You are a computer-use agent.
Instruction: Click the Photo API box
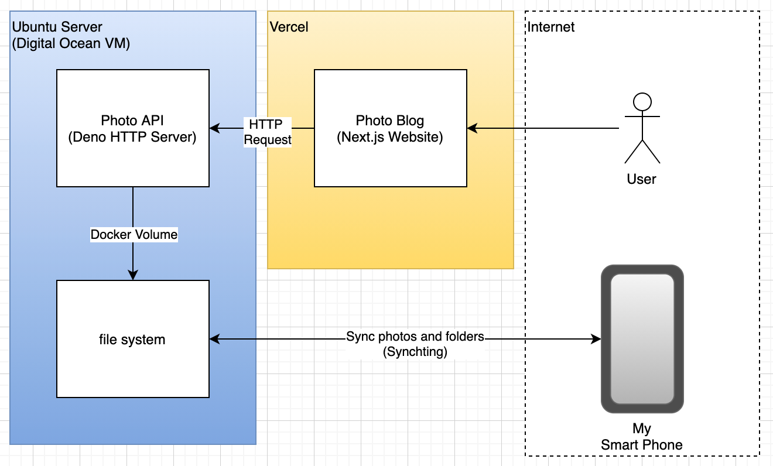[133, 128]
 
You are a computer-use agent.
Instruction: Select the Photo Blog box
[390, 128]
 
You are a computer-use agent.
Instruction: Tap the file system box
[133, 339]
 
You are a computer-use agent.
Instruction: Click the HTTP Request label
[268, 132]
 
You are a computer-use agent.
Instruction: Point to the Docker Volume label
[134, 235]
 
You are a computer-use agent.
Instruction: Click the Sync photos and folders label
[415, 336]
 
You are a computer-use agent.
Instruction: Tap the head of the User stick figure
[642, 102]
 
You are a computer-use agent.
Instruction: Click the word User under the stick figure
[641, 179]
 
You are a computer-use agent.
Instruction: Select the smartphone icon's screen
[642, 339]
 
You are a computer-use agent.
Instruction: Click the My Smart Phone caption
[641, 437]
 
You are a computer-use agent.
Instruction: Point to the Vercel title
[289, 27]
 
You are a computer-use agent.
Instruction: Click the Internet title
[550, 27]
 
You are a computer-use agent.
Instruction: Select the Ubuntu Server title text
[57, 27]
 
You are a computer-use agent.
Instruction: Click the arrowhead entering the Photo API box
[214, 128]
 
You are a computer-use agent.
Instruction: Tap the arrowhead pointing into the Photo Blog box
[472, 128]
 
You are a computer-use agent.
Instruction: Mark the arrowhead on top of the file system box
[133, 275]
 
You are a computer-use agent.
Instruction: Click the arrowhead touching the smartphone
[596, 339]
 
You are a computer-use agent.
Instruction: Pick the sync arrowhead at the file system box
[214, 339]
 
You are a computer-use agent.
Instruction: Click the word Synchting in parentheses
[415, 352]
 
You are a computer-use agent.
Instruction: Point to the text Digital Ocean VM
[71, 43]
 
